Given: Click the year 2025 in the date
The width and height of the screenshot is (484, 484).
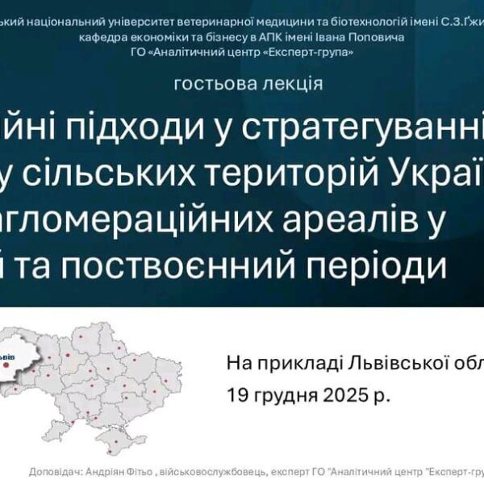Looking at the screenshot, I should (339, 396).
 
